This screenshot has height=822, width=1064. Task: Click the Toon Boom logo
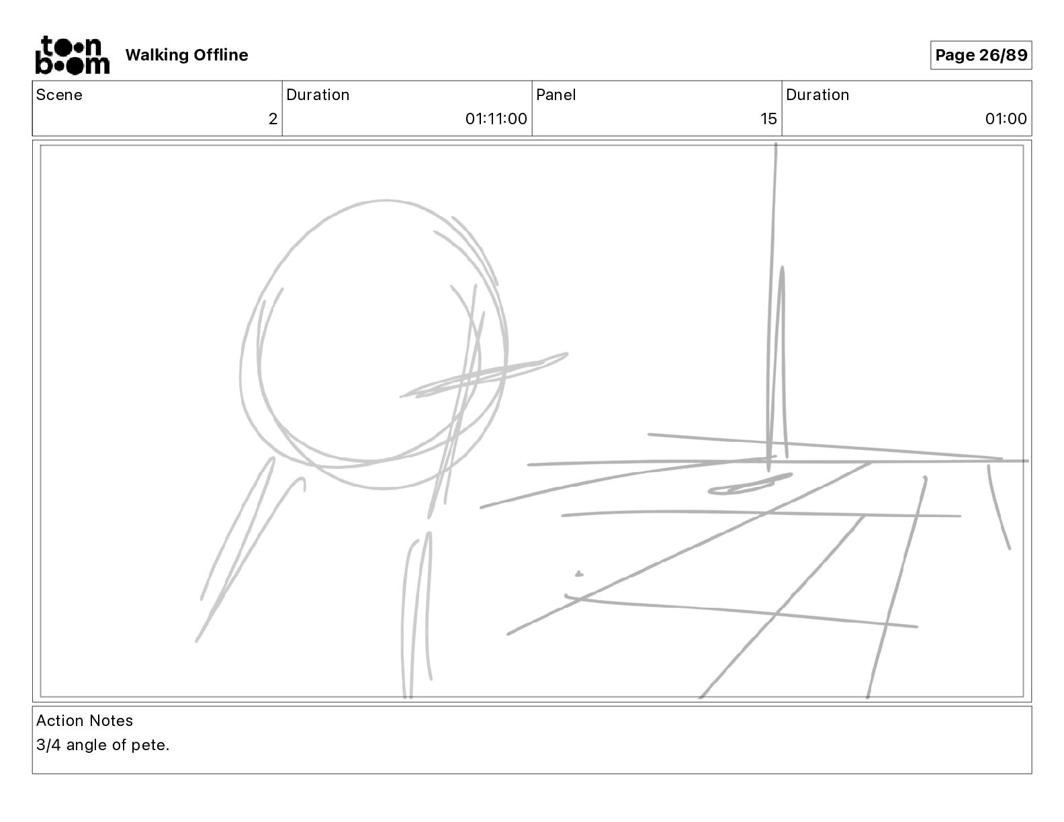72,55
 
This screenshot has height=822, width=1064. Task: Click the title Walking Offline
187,55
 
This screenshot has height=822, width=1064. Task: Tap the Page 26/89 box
981,55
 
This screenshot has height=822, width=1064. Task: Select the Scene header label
59,95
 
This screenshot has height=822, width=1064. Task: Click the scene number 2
273,119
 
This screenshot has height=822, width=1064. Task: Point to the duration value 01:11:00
496,119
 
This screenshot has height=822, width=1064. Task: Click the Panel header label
556,95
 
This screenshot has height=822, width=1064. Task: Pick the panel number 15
768,119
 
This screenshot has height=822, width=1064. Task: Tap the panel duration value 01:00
1006,119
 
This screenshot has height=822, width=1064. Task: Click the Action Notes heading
85,721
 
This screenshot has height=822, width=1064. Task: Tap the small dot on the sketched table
578,574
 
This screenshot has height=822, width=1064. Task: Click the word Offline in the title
220,55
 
